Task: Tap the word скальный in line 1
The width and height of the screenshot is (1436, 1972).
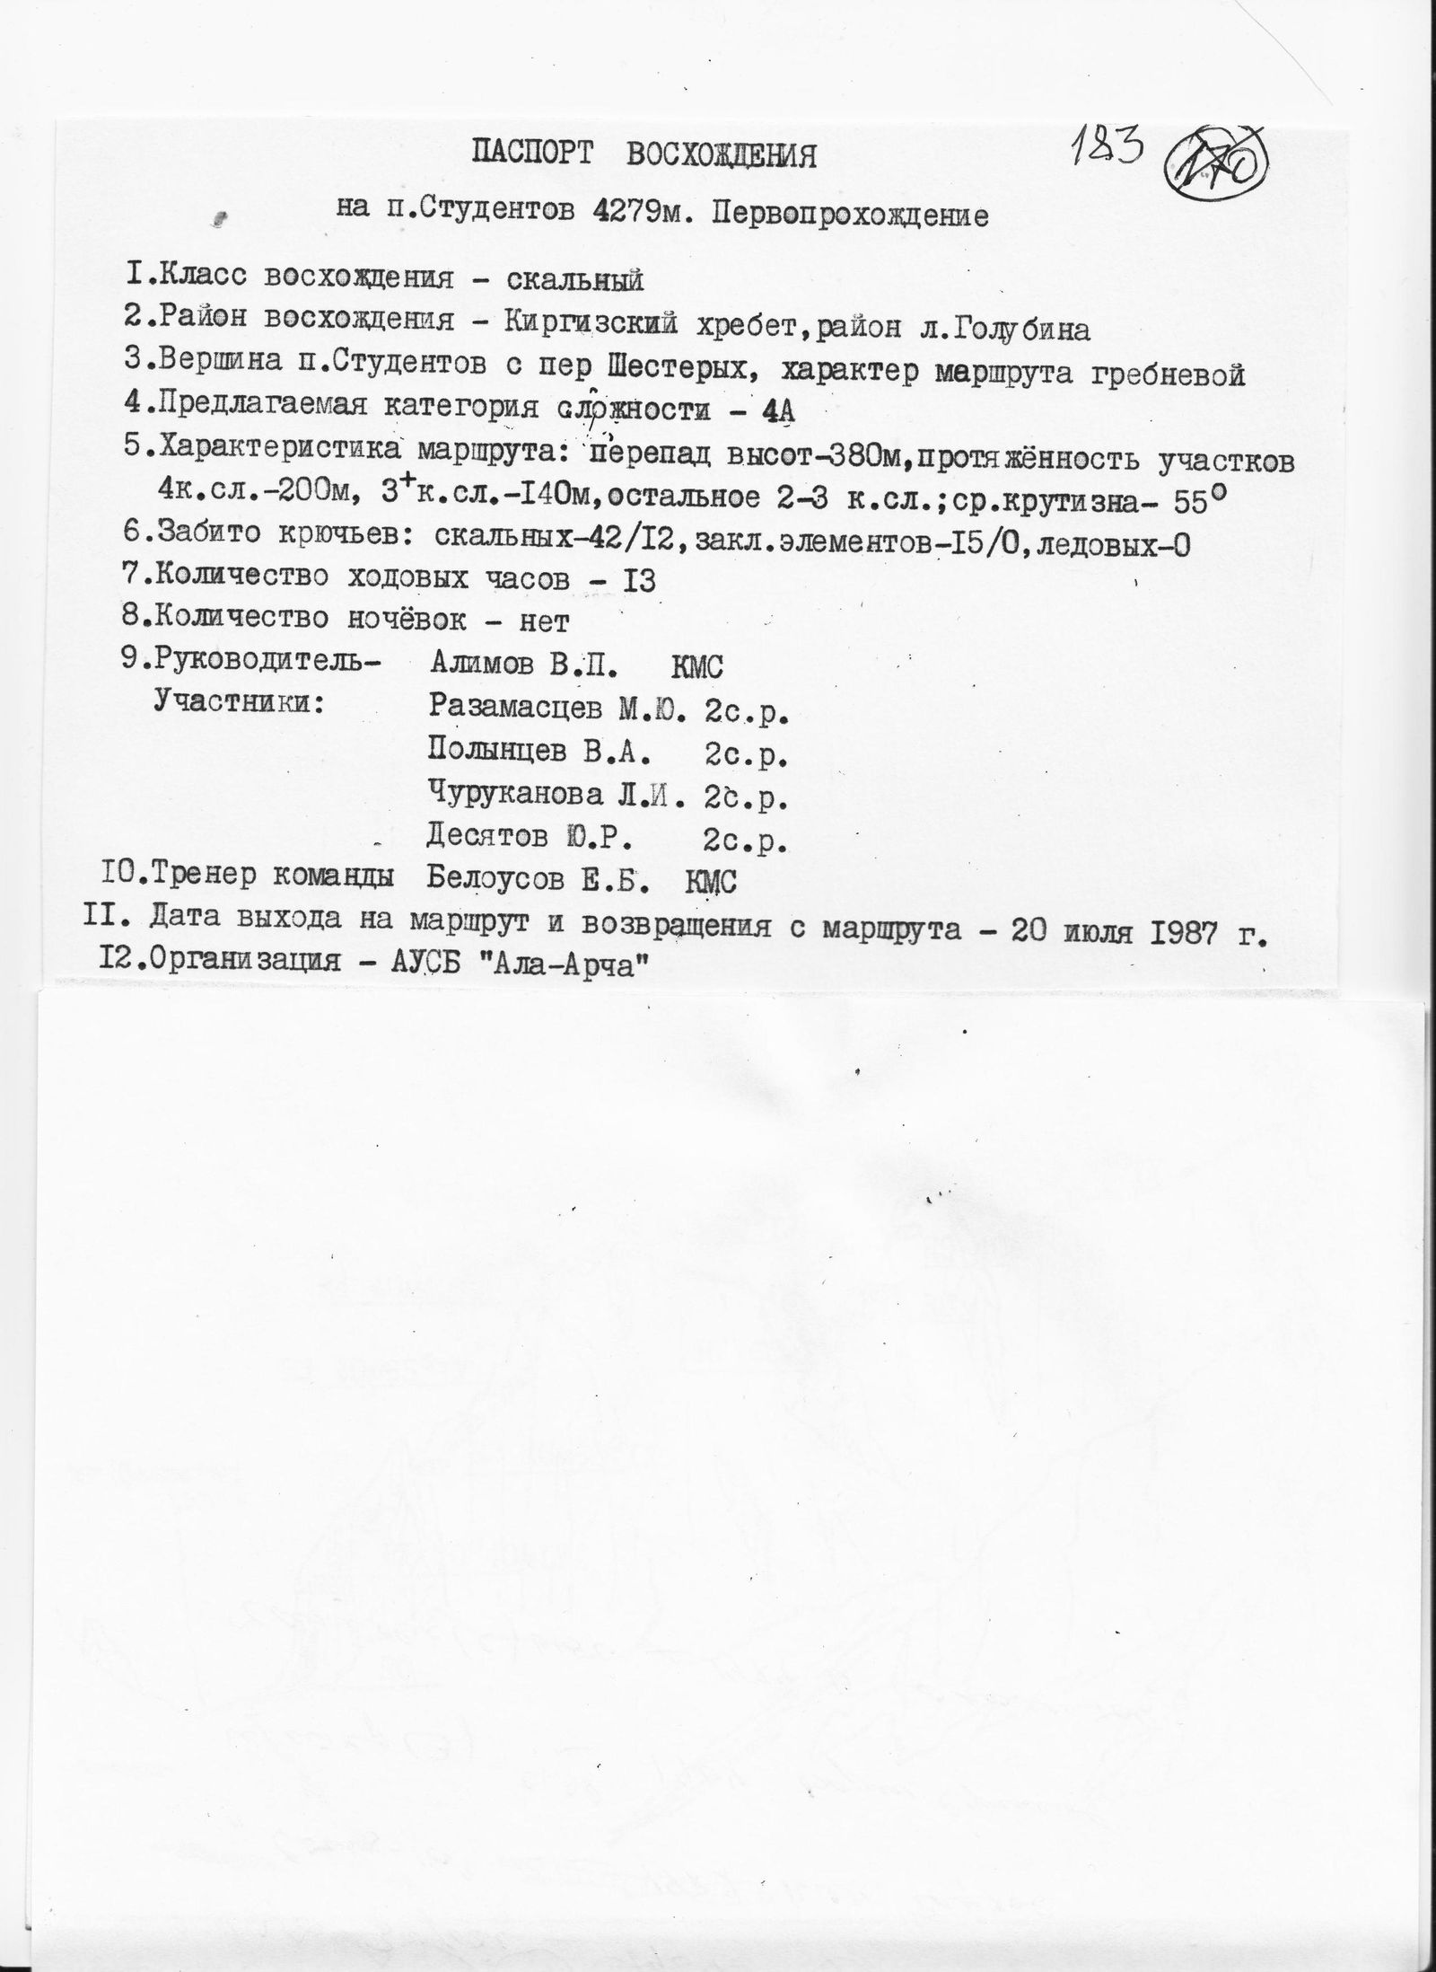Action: coord(575,280)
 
